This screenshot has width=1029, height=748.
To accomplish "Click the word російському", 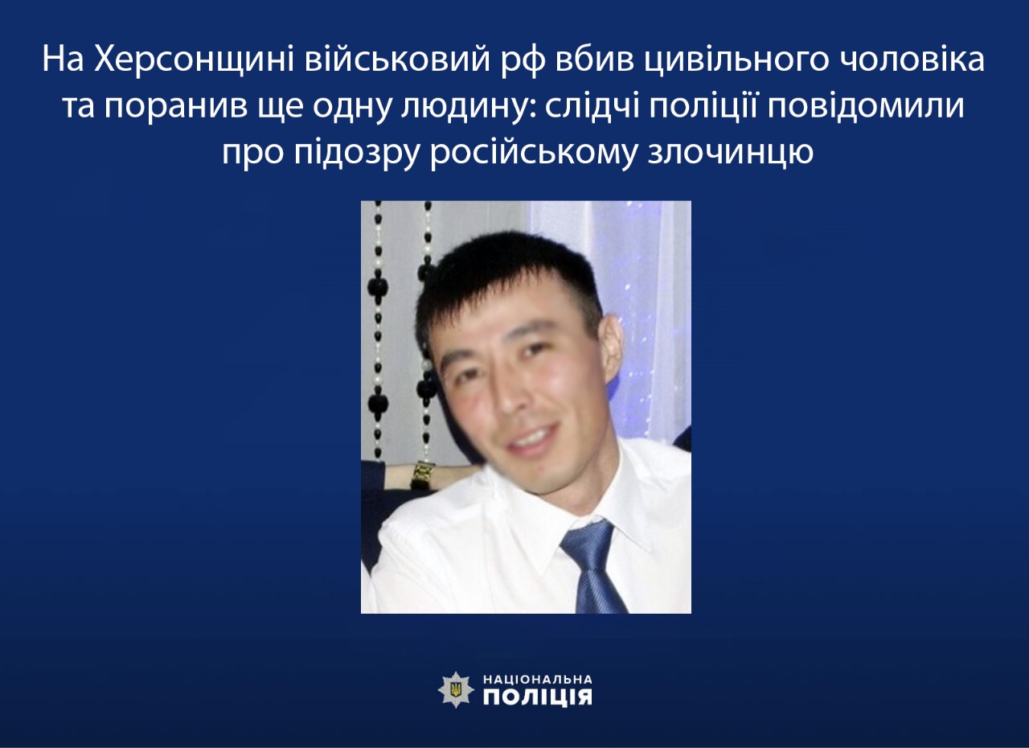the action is [533, 154].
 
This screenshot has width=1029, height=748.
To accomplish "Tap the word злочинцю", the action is [731, 154].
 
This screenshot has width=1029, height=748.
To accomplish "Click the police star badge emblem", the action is [456, 689].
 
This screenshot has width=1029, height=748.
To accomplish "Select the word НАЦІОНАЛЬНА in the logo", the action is [538, 679].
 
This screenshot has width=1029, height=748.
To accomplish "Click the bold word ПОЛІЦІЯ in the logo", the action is [538, 697].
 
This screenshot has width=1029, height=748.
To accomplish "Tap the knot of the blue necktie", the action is [586, 544].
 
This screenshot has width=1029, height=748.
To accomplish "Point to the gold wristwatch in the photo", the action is [423, 474].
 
